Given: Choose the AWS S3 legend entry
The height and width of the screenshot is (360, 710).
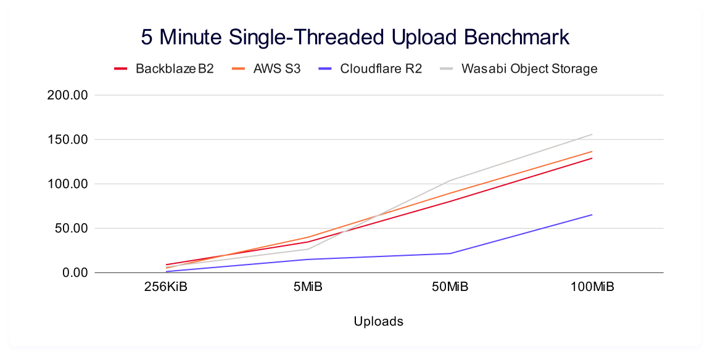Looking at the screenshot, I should coord(277,68).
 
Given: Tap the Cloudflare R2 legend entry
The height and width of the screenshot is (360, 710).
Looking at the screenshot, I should coord(381,68).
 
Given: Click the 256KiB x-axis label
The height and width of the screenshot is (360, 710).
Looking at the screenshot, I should coord(165,288).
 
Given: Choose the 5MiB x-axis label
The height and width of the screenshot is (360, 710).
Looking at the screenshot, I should coord(308,288).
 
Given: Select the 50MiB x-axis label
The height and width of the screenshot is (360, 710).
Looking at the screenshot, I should coord(450,288).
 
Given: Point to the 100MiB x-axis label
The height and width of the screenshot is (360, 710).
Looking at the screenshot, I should coord(592,288).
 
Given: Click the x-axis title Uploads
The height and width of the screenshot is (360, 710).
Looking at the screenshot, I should coord(379,321).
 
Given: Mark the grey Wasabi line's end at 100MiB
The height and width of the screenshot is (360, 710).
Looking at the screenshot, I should coord(592,134).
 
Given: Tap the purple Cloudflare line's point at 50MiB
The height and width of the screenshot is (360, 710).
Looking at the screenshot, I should coord(450,253).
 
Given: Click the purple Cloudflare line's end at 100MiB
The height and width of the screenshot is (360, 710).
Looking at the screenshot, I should coord(592,215).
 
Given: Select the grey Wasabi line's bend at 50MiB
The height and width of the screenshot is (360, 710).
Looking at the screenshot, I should coord(450,181).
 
